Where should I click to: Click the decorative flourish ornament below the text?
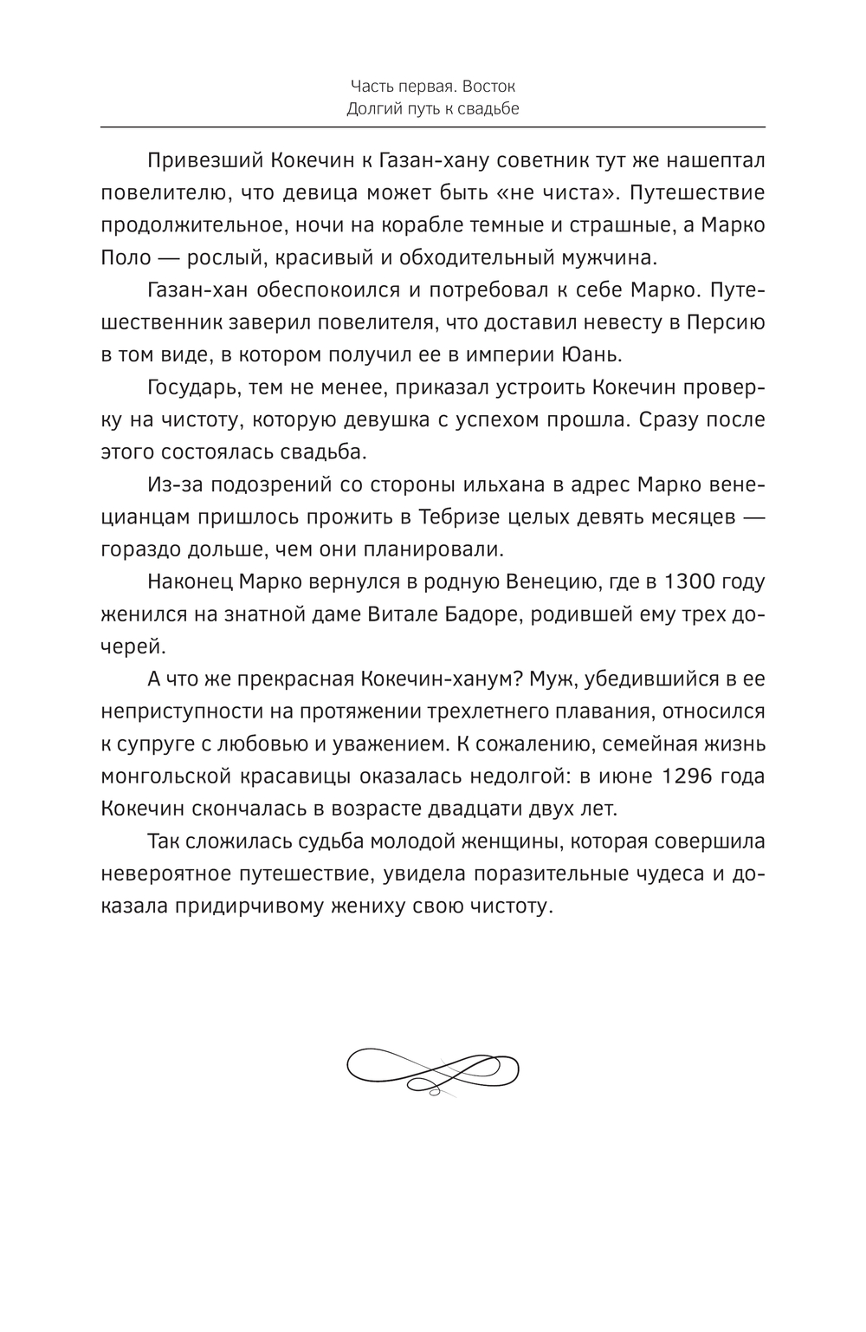pyautogui.click(x=433, y=1070)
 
